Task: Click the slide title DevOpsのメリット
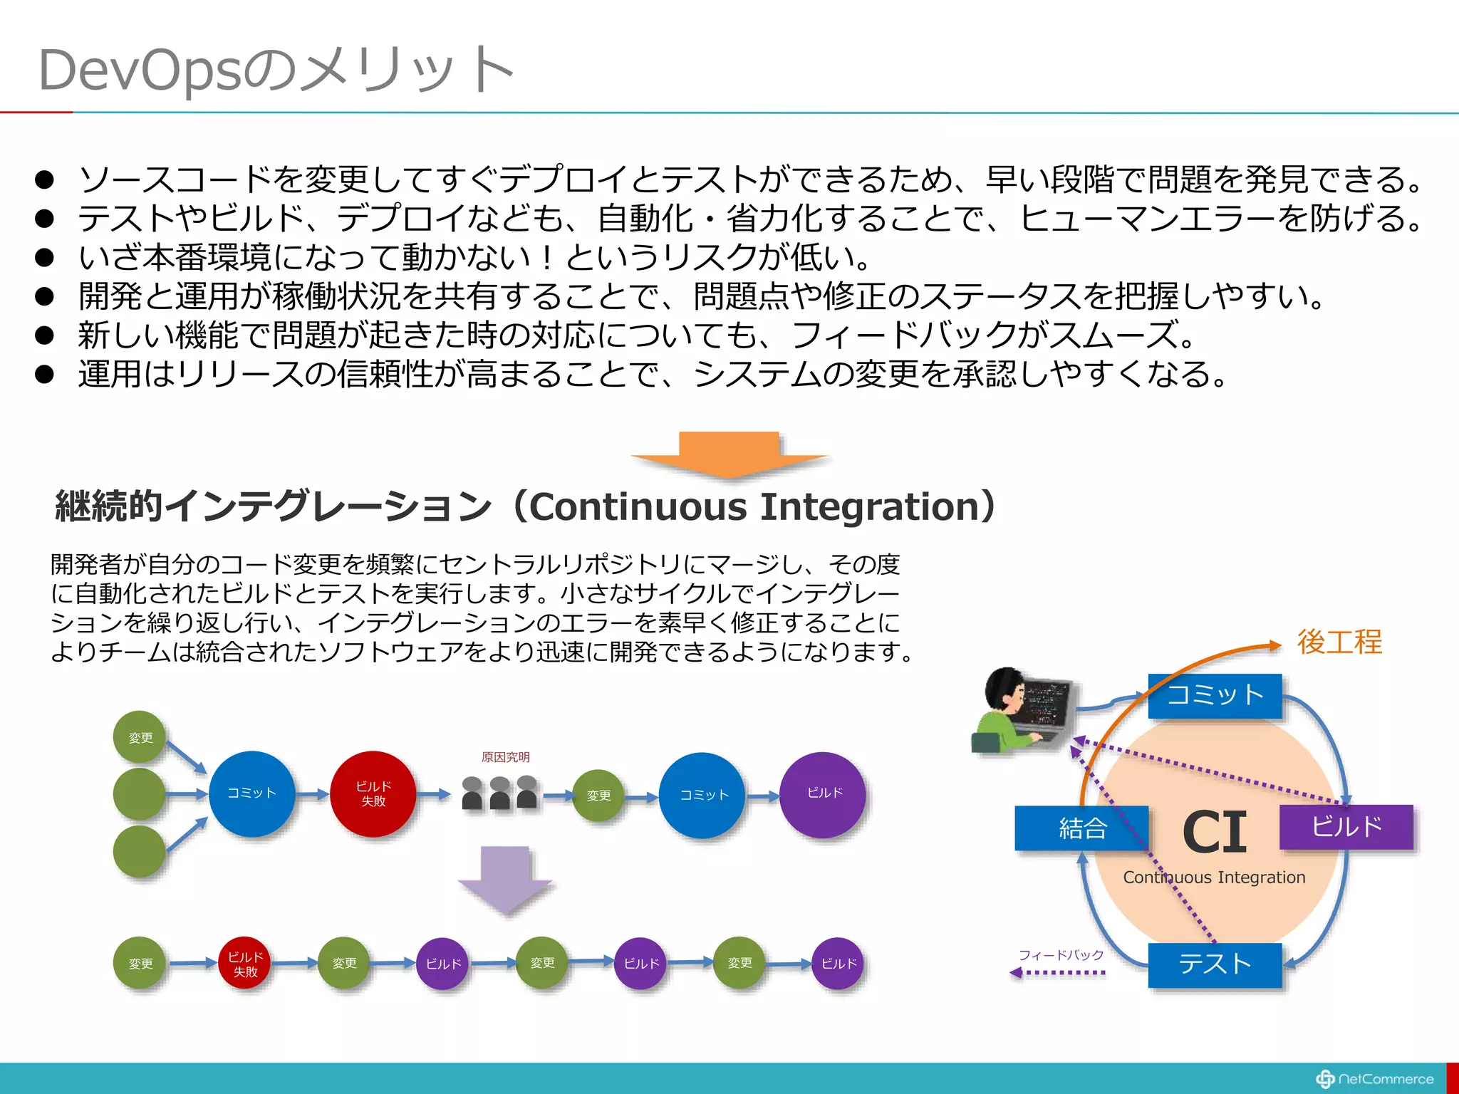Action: (276, 70)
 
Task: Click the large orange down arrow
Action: (728, 453)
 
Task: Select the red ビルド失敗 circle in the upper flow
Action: (373, 793)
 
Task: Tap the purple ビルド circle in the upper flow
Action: (824, 793)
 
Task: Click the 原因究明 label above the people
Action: (505, 757)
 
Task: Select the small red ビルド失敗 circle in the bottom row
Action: (245, 964)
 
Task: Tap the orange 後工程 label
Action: (1339, 642)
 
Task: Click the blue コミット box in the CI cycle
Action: (1215, 695)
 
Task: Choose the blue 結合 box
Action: (1081, 828)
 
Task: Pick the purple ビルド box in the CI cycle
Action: (1346, 827)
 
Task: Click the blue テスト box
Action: (1215, 964)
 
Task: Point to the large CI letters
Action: (1215, 832)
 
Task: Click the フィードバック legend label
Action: (1061, 955)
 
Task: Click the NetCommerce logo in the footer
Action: (1375, 1079)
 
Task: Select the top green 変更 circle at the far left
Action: (140, 737)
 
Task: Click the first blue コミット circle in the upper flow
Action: (251, 793)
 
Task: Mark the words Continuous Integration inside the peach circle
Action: (1214, 877)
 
